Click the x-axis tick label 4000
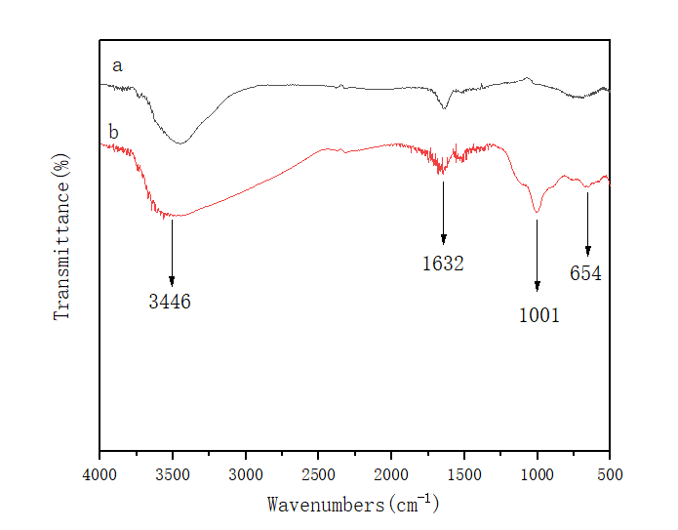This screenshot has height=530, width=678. pos(100,474)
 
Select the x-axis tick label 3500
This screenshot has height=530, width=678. pos(173,474)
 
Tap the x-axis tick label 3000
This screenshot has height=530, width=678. pos(246,474)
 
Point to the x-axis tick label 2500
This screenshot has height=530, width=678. pos(318,474)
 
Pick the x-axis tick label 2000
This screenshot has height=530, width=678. pos(391,474)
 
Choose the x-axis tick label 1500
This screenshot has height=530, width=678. pos(464,474)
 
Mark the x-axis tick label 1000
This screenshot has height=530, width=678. pos(537,474)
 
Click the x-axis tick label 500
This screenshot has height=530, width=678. pos(610,474)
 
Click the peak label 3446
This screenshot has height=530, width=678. pos(170,303)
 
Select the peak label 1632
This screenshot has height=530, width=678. pos(443,264)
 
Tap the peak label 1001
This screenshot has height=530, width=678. pos(539,315)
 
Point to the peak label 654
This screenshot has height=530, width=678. pos(586,274)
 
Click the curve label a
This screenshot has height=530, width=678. pos(117,66)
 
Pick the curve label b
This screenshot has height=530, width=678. pos(113,131)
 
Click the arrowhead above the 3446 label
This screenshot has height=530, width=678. pos(172,281)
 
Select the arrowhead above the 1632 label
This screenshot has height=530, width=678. pos(444,239)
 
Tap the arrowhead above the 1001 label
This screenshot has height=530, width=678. pos(538,286)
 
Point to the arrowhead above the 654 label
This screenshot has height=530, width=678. pos(588,251)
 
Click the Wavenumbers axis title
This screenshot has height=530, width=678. pos(354,505)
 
